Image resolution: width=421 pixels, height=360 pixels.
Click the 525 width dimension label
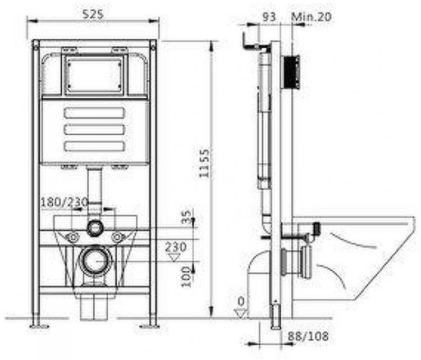pos(93,14)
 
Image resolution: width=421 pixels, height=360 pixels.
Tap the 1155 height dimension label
pos(204,163)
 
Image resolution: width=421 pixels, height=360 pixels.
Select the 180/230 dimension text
pos(65,202)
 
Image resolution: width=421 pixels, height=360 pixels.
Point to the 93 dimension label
pos(269,17)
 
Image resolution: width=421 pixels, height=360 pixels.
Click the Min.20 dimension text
pos(312,17)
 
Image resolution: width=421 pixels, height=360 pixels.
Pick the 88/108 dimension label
pos(308,336)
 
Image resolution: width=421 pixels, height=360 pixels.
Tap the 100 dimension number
pos(186,277)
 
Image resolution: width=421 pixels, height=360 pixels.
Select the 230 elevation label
pos(176,247)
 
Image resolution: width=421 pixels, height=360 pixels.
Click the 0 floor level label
pos(241,302)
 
